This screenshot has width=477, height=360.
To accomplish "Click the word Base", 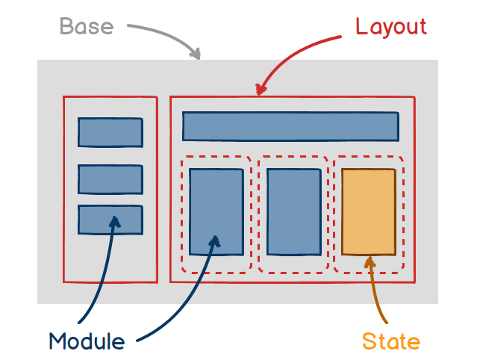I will point(87,26).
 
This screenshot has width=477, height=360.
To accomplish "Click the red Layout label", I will point(390,26).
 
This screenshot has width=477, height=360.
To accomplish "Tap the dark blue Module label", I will point(87,341).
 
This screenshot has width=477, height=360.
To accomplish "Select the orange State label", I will point(390,341).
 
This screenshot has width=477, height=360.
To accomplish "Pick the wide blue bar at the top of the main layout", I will point(290,126).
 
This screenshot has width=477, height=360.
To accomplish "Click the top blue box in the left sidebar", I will point(110,132).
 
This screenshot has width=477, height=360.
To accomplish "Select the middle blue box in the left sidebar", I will point(110,179).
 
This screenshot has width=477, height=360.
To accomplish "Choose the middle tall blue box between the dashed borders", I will point(293,211).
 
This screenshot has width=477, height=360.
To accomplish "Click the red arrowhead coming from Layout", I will point(260,90).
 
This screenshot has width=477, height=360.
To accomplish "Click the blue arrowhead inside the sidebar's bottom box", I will point(114,220).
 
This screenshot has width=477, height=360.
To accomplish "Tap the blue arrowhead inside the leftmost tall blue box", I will point(216,240).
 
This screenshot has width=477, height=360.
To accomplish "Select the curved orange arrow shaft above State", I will point(374,295).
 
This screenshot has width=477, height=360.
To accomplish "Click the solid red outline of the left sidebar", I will point(63,187).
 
